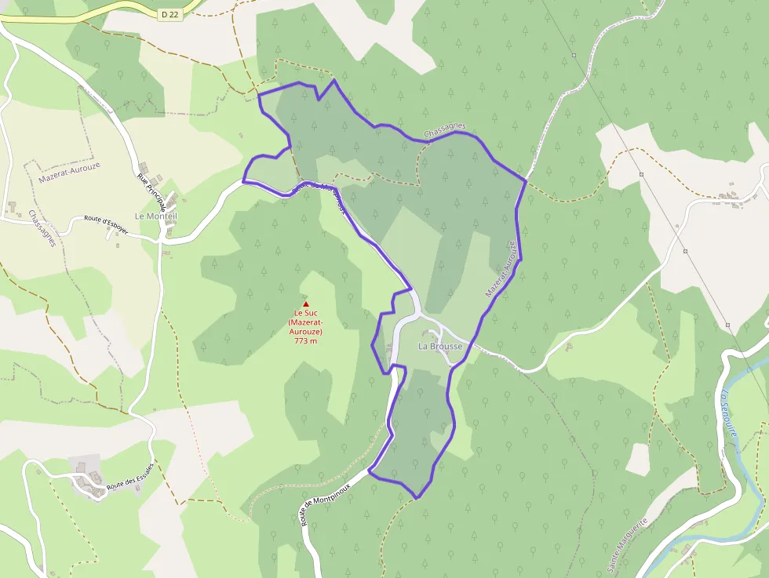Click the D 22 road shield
[170, 14]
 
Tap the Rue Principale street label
[151, 191]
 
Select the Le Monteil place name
[156, 216]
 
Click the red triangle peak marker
[306, 304]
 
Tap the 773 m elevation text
[306, 341]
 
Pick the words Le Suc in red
[306, 314]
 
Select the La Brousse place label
[440, 346]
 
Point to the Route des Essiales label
[130, 475]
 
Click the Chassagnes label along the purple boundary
[445, 130]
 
